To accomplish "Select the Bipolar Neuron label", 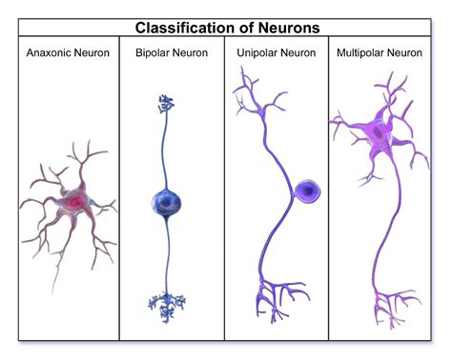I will click(173, 51).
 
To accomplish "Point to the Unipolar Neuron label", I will click(276, 51).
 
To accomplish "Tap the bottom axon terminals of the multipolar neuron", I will click(391, 310).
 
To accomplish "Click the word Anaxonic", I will click(48, 51).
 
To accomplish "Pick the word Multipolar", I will click(364, 51).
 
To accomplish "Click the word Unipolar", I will click(257, 51).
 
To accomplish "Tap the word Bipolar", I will click(154, 51).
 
